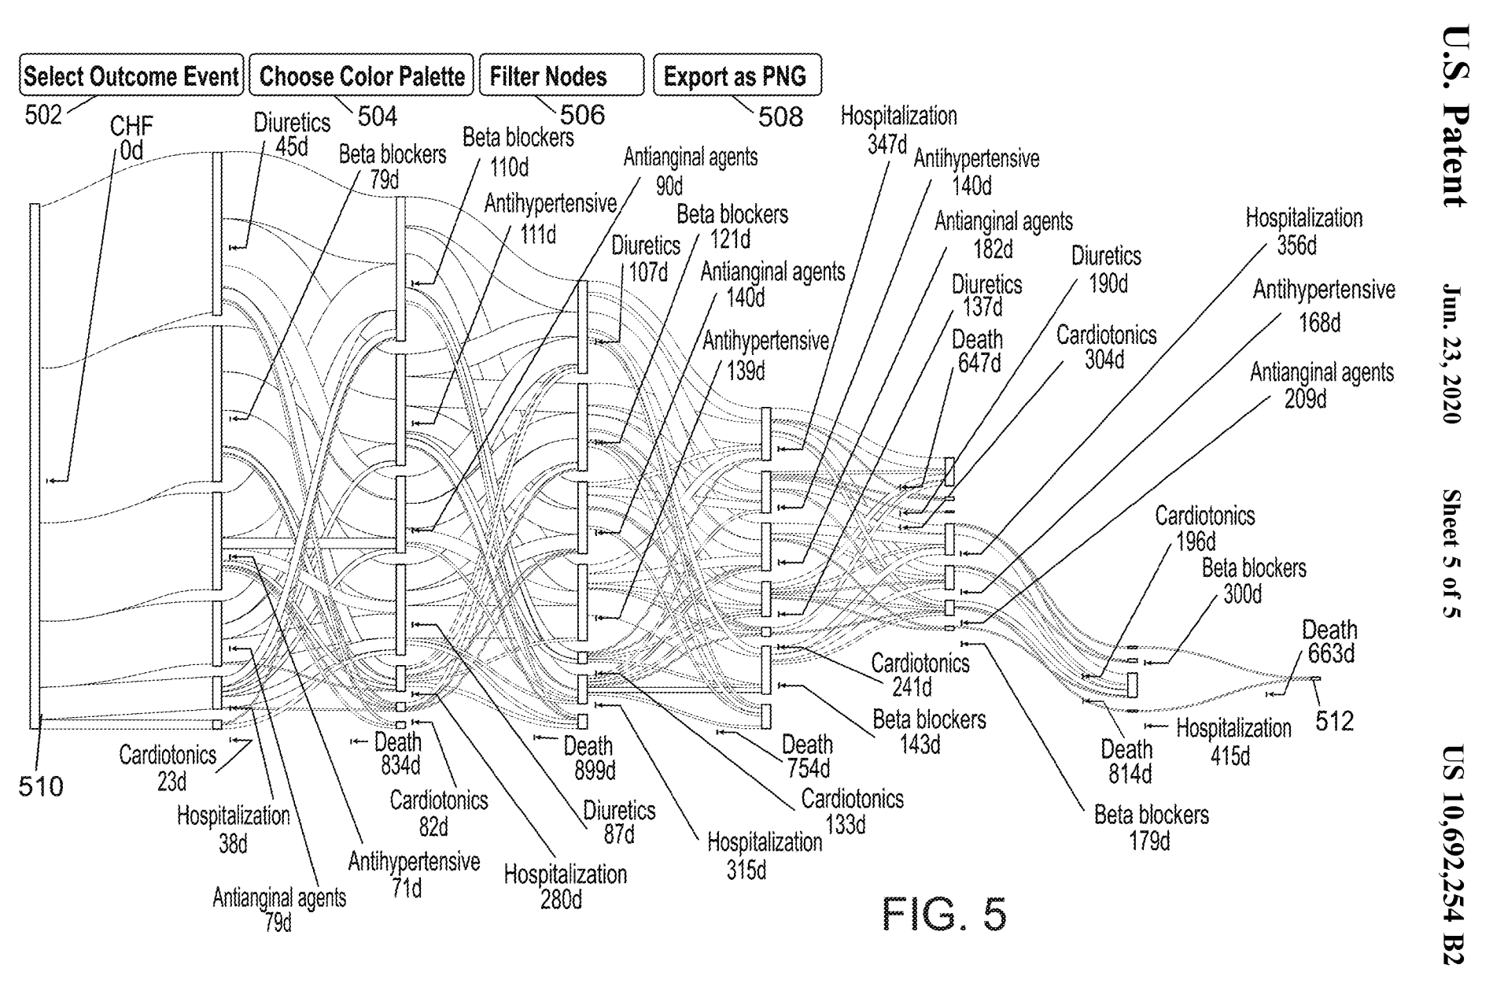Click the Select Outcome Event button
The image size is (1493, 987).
131,76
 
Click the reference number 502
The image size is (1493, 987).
42,115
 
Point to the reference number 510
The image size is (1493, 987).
40,786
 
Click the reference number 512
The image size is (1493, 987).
1334,721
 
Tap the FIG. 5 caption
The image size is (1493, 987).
943,914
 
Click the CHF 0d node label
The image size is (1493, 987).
131,137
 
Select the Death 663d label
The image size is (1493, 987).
1329,641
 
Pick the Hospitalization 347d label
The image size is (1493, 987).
898,130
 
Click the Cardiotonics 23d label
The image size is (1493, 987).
168,767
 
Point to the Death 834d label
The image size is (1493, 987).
398,753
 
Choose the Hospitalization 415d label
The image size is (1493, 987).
1233,741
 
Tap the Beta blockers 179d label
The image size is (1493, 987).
1151,826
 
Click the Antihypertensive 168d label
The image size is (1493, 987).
1324,305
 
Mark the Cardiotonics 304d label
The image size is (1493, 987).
1106,347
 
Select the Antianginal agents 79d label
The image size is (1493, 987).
279,909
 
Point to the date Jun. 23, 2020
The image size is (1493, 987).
1453,353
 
